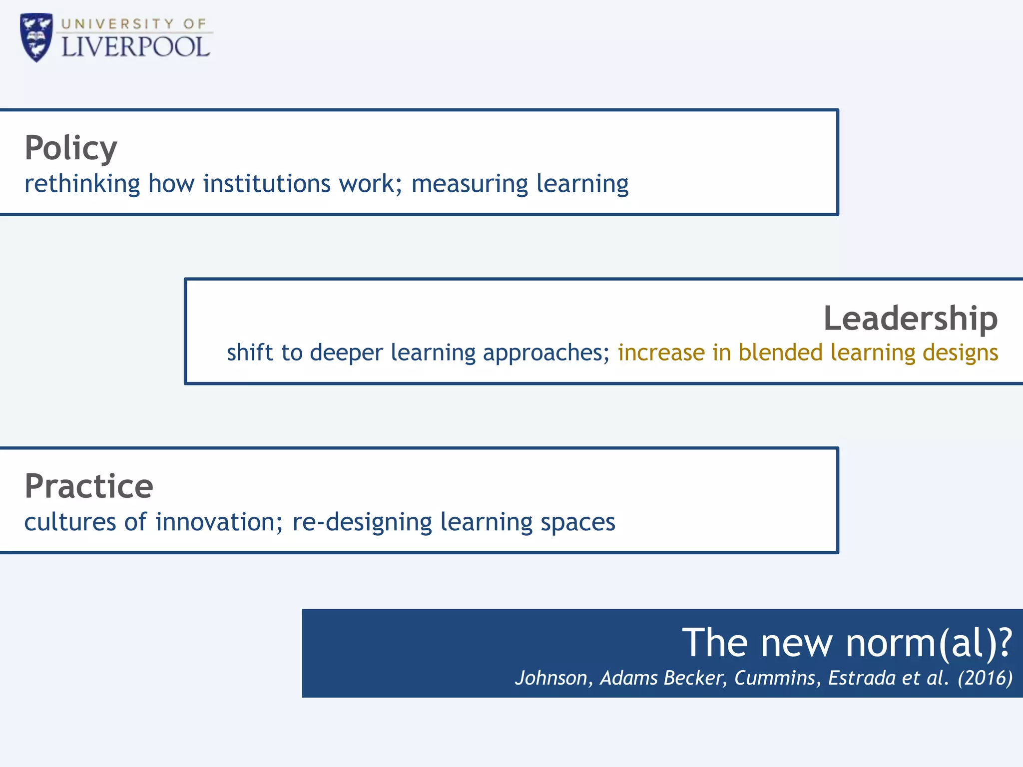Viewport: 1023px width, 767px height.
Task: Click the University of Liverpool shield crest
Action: (36, 37)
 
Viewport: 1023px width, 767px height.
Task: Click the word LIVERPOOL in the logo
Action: (135, 47)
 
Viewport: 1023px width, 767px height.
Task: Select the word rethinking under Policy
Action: (82, 183)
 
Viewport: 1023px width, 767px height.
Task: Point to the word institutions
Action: (266, 183)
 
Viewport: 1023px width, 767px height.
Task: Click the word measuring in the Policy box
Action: (469, 184)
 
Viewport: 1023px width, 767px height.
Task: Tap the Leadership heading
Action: (910, 318)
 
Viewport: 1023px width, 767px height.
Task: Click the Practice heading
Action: (89, 486)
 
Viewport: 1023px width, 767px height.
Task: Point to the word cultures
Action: (70, 522)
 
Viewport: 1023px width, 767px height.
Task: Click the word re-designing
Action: (362, 523)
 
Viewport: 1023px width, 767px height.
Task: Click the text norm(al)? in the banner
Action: (929, 643)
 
